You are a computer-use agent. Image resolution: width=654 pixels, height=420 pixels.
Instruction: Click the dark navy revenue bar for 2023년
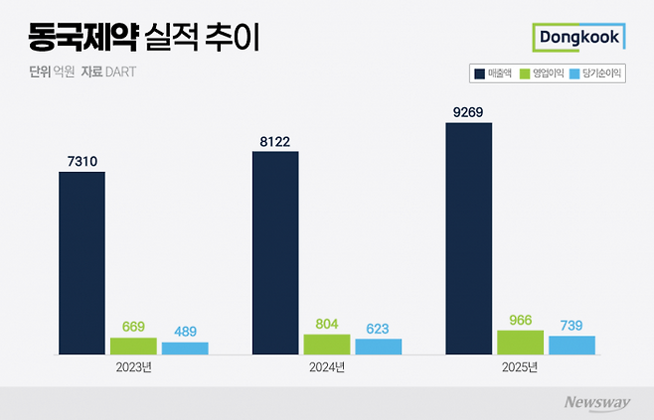coord(82,263)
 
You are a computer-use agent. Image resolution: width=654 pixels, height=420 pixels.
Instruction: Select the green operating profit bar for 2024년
coord(327,345)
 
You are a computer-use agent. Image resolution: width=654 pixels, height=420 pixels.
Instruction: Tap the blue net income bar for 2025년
coord(572,346)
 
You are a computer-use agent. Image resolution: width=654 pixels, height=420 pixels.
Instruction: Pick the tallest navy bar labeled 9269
coord(468,238)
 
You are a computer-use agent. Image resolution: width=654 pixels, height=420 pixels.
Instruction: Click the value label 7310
coord(82,160)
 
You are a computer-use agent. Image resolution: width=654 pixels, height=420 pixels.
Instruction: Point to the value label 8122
coord(275,141)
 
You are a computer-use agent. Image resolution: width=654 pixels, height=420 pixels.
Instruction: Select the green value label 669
coord(133,326)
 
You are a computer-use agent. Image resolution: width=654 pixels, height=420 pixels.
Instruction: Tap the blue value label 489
coord(185,331)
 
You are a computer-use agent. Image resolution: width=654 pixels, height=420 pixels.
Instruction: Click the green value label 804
coord(327,323)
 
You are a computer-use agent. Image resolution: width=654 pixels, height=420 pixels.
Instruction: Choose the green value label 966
coord(520,319)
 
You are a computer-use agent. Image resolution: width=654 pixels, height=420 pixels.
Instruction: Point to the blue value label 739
coord(572,325)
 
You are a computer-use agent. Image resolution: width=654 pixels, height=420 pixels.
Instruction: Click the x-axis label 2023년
coord(133,367)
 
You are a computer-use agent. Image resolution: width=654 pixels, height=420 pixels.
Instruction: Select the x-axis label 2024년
coord(326,367)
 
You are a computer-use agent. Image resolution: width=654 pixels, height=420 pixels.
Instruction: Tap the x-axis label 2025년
coord(519,367)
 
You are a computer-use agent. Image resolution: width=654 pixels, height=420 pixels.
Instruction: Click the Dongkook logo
coord(578,38)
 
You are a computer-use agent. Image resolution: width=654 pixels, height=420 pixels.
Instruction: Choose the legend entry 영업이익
coord(549,73)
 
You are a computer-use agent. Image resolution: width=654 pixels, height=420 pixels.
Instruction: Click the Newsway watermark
coord(597,402)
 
